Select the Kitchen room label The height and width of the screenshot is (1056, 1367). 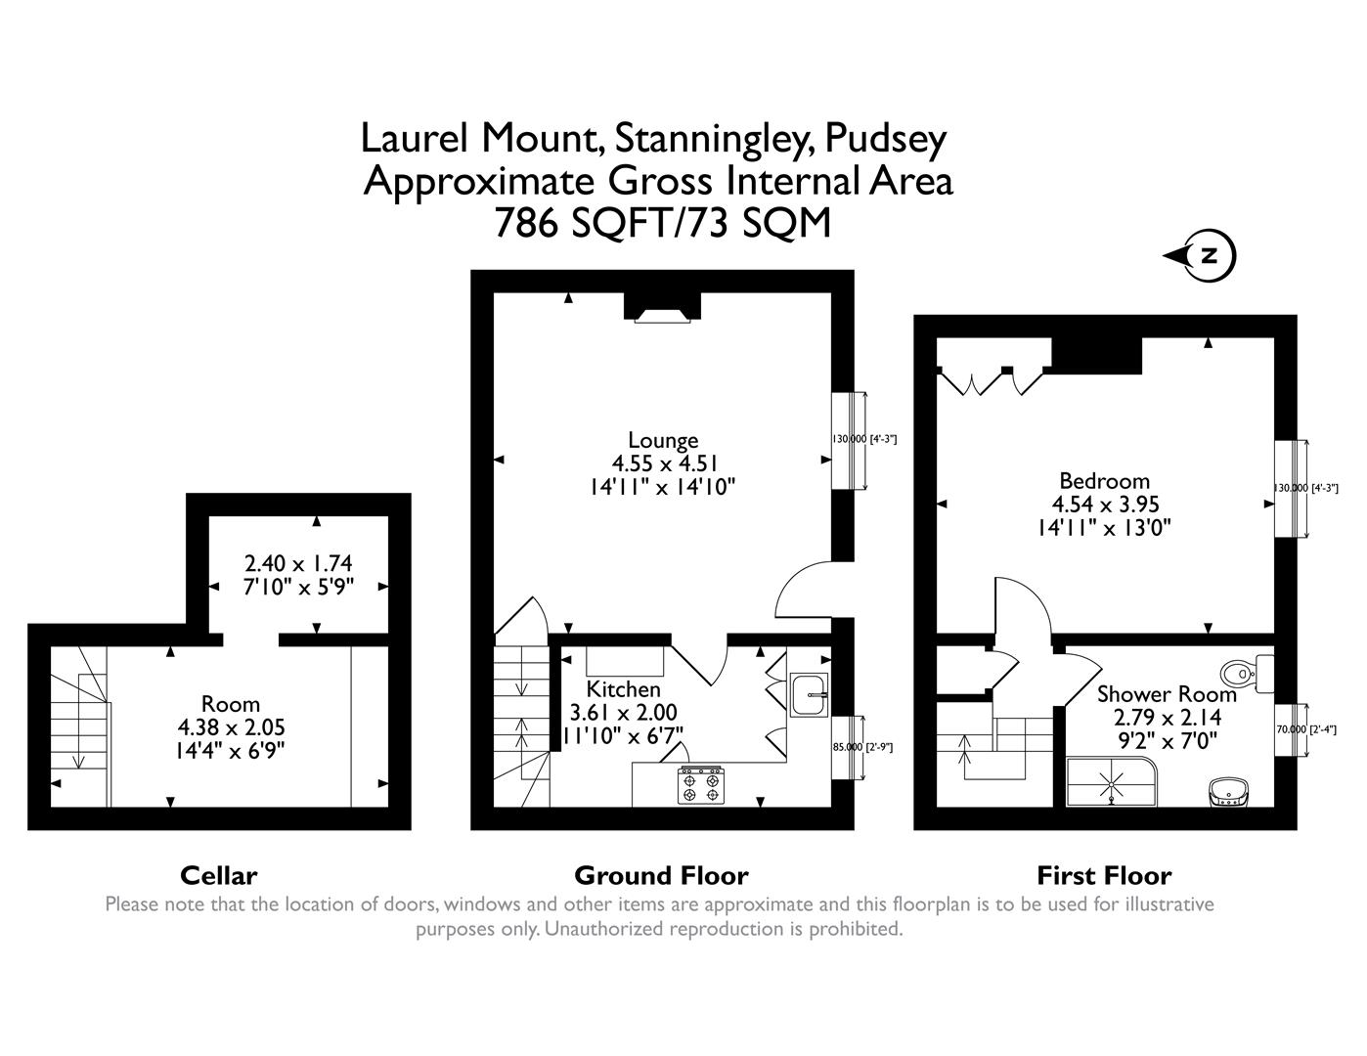click(623, 689)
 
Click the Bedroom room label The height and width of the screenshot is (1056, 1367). click(1104, 481)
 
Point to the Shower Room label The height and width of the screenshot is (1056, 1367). click(1167, 694)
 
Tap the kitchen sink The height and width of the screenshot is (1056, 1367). click(809, 695)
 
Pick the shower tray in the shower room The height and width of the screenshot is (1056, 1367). click(1113, 782)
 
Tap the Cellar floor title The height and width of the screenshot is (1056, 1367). click(218, 875)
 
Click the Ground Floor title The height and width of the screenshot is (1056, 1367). click(661, 875)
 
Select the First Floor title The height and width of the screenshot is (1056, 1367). click(1104, 875)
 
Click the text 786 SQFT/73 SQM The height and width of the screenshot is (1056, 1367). click(662, 224)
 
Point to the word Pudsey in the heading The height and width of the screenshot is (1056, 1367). click(885, 140)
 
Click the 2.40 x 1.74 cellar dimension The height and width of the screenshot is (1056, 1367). click(297, 563)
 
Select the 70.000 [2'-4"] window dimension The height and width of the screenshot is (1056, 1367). click(1307, 729)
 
